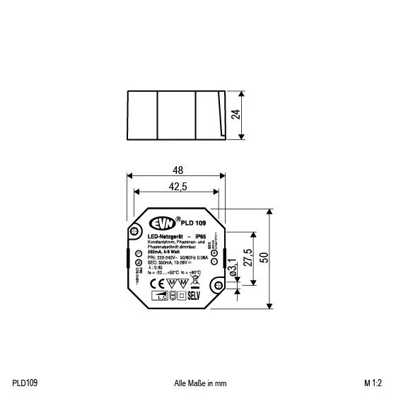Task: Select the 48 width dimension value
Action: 177,170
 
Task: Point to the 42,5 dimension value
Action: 177,186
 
